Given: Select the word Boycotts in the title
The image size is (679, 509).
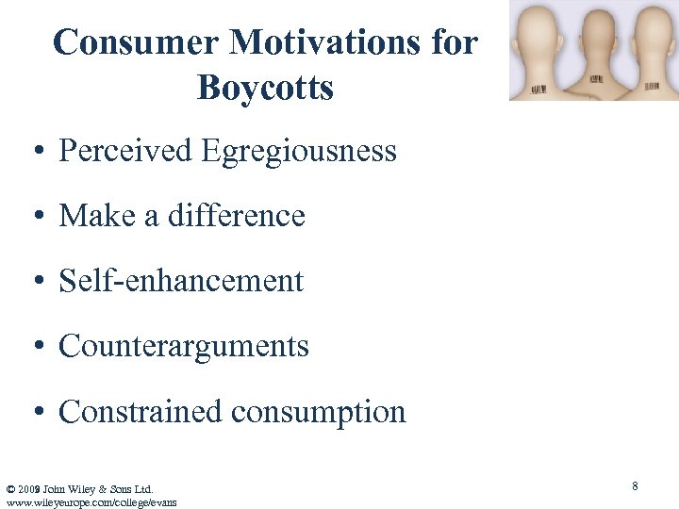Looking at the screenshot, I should (x=265, y=88).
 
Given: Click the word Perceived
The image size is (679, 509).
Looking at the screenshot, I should (x=124, y=151).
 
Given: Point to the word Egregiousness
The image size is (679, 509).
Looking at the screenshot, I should (x=298, y=151).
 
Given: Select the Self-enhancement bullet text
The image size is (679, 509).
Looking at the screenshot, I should (x=181, y=281).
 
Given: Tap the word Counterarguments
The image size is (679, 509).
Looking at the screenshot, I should (x=184, y=346).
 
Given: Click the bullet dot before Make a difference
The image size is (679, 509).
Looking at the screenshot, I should (x=38, y=217).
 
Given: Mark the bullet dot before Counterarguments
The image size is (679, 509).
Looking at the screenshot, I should (x=38, y=347).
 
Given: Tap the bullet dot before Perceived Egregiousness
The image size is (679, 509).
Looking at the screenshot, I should (x=38, y=152).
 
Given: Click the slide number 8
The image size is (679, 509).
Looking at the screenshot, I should (x=635, y=486).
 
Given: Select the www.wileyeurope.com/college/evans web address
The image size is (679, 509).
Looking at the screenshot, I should (x=91, y=502).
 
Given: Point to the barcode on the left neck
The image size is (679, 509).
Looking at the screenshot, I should (x=538, y=90).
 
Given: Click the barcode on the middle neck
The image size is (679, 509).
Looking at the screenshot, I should (x=596, y=78).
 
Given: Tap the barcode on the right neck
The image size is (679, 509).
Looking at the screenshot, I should (x=652, y=87).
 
